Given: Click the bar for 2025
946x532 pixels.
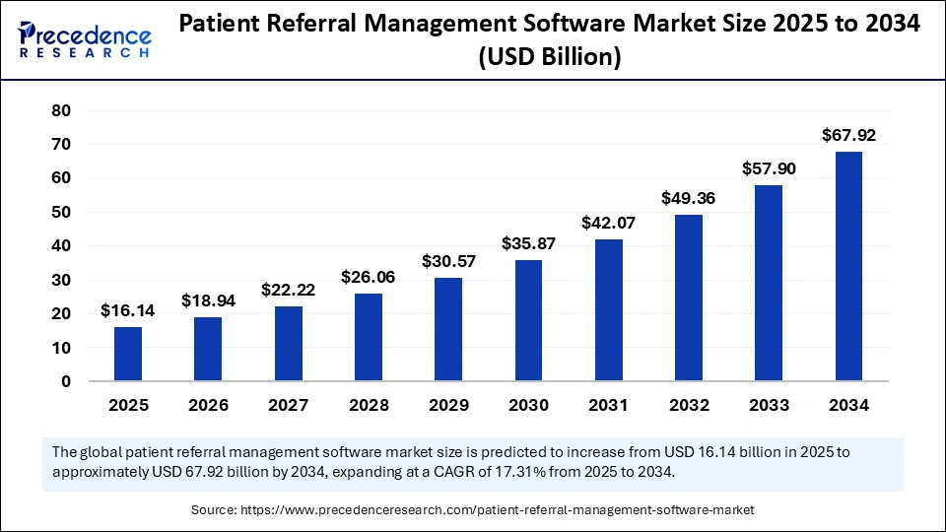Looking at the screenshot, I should (x=128, y=354).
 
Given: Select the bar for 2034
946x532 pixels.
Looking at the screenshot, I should (x=848, y=266).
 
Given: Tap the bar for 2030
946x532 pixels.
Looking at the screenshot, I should (x=528, y=320).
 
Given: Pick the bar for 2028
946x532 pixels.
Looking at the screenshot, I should (x=368, y=337).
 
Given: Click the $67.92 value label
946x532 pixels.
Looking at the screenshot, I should (x=848, y=136).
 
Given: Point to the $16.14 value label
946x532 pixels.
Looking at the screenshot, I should (x=128, y=310).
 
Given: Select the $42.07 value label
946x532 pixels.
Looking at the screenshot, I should (x=608, y=223).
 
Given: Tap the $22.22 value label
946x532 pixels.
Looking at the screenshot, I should (x=288, y=290).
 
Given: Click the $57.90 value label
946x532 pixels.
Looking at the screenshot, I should (x=769, y=169).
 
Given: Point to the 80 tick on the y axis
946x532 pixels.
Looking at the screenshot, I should (x=61, y=110).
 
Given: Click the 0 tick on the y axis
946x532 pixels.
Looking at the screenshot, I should (x=66, y=381).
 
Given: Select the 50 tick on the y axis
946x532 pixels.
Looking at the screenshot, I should (x=61, y=212).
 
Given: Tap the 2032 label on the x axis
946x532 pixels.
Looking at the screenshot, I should (x=688, y=405).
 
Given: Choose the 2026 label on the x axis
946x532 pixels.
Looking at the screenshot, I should (x=208, y=405).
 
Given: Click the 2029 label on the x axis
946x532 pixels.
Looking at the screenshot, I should (x=448, y=405).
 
